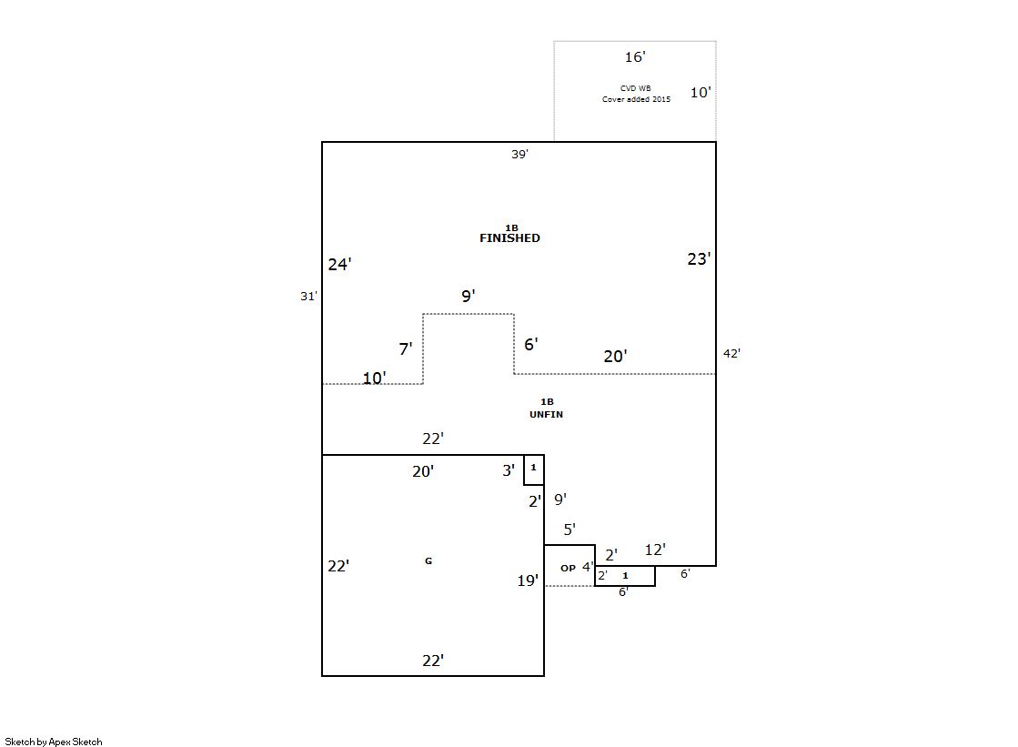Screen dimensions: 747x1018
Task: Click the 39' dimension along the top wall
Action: (519, 155)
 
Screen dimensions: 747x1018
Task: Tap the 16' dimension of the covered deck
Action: (634, 57)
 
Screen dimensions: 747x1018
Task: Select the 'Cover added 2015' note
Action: (636, 99)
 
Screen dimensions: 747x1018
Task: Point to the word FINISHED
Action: (509, 238)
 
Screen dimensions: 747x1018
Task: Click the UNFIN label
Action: (546, 415)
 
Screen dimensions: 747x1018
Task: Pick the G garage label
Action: (428, 561)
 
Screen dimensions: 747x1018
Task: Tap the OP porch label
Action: (568, 568)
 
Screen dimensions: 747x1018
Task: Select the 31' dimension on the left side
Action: (308, 296)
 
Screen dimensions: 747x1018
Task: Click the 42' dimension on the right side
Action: (731, 354)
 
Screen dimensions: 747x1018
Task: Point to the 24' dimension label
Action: (339, 265)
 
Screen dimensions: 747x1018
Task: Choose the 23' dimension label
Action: (698, 259)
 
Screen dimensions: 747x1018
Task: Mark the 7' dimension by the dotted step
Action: (405, 348)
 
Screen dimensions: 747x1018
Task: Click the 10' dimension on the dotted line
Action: (374, 379)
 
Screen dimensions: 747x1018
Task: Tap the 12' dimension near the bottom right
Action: (655, 550)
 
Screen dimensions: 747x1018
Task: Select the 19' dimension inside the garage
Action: (528, 580)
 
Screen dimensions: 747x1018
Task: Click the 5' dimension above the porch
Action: (569, 530)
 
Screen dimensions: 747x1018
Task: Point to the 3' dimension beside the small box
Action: (509, 470)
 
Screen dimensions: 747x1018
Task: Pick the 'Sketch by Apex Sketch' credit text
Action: (54, 742)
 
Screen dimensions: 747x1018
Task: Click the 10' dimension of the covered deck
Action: (700, 92)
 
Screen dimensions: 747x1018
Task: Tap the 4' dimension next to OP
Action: (588, 567)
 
